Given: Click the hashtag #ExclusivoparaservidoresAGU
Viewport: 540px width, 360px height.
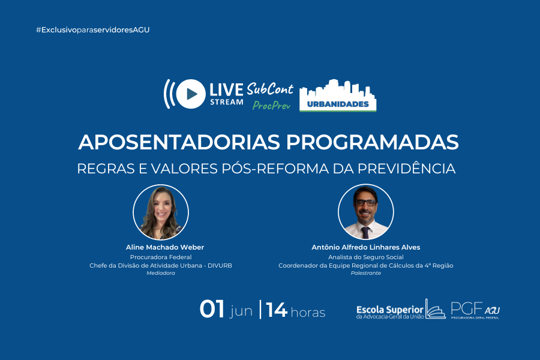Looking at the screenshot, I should click(92, 29).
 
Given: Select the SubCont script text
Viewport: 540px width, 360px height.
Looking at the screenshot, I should click(271, 89).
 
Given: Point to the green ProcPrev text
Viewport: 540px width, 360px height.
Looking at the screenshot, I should click(271, 105).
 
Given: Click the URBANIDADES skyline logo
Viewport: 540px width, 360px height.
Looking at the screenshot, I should click(338, 96).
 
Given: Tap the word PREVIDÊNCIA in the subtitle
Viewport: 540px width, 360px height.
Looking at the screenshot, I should click(409, 169).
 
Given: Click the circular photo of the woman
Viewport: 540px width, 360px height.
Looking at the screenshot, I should click(161, 212).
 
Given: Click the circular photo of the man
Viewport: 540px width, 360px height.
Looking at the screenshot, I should click(366, 212).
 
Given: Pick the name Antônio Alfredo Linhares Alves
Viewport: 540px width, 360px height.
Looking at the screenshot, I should click(366, 247).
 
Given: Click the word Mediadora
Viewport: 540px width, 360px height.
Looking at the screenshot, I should click(161, 273).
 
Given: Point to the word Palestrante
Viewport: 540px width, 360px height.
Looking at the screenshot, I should click(366, 273).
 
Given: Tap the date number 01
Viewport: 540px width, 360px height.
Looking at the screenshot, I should click(212, 310).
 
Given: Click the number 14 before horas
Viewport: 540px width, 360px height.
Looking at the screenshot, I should click(277, 310).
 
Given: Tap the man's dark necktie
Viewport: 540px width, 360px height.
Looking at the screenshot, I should click(365, 232).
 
